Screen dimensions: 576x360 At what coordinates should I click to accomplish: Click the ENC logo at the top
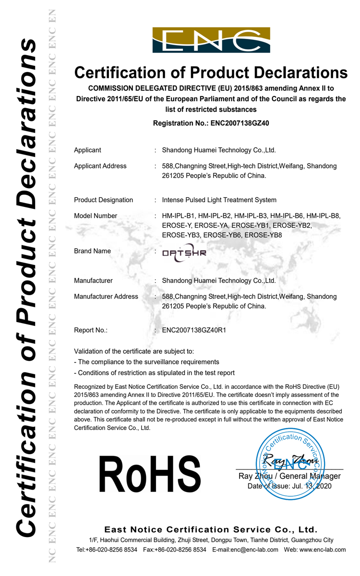click(211, 40)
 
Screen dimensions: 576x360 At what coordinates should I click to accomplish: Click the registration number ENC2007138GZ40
click(240, 123)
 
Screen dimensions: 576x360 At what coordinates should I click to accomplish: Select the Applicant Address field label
click(100, 166)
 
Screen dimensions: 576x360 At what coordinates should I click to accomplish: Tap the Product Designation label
click(103, 200)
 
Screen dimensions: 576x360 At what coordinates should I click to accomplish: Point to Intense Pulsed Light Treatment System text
click(219, 200)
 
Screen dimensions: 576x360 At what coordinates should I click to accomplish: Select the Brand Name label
click(92, 251)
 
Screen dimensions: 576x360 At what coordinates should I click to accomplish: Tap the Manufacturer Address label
click(106, 297)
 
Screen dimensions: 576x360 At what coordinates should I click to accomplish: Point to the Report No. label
click(91, 330)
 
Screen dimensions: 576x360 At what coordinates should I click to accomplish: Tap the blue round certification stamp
click(289, 465)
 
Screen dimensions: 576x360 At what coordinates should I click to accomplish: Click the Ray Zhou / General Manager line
click(289, 476)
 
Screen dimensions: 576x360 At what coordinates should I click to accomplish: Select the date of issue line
click(289, 486)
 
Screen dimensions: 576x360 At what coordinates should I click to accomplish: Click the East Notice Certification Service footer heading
click(211, 530)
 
